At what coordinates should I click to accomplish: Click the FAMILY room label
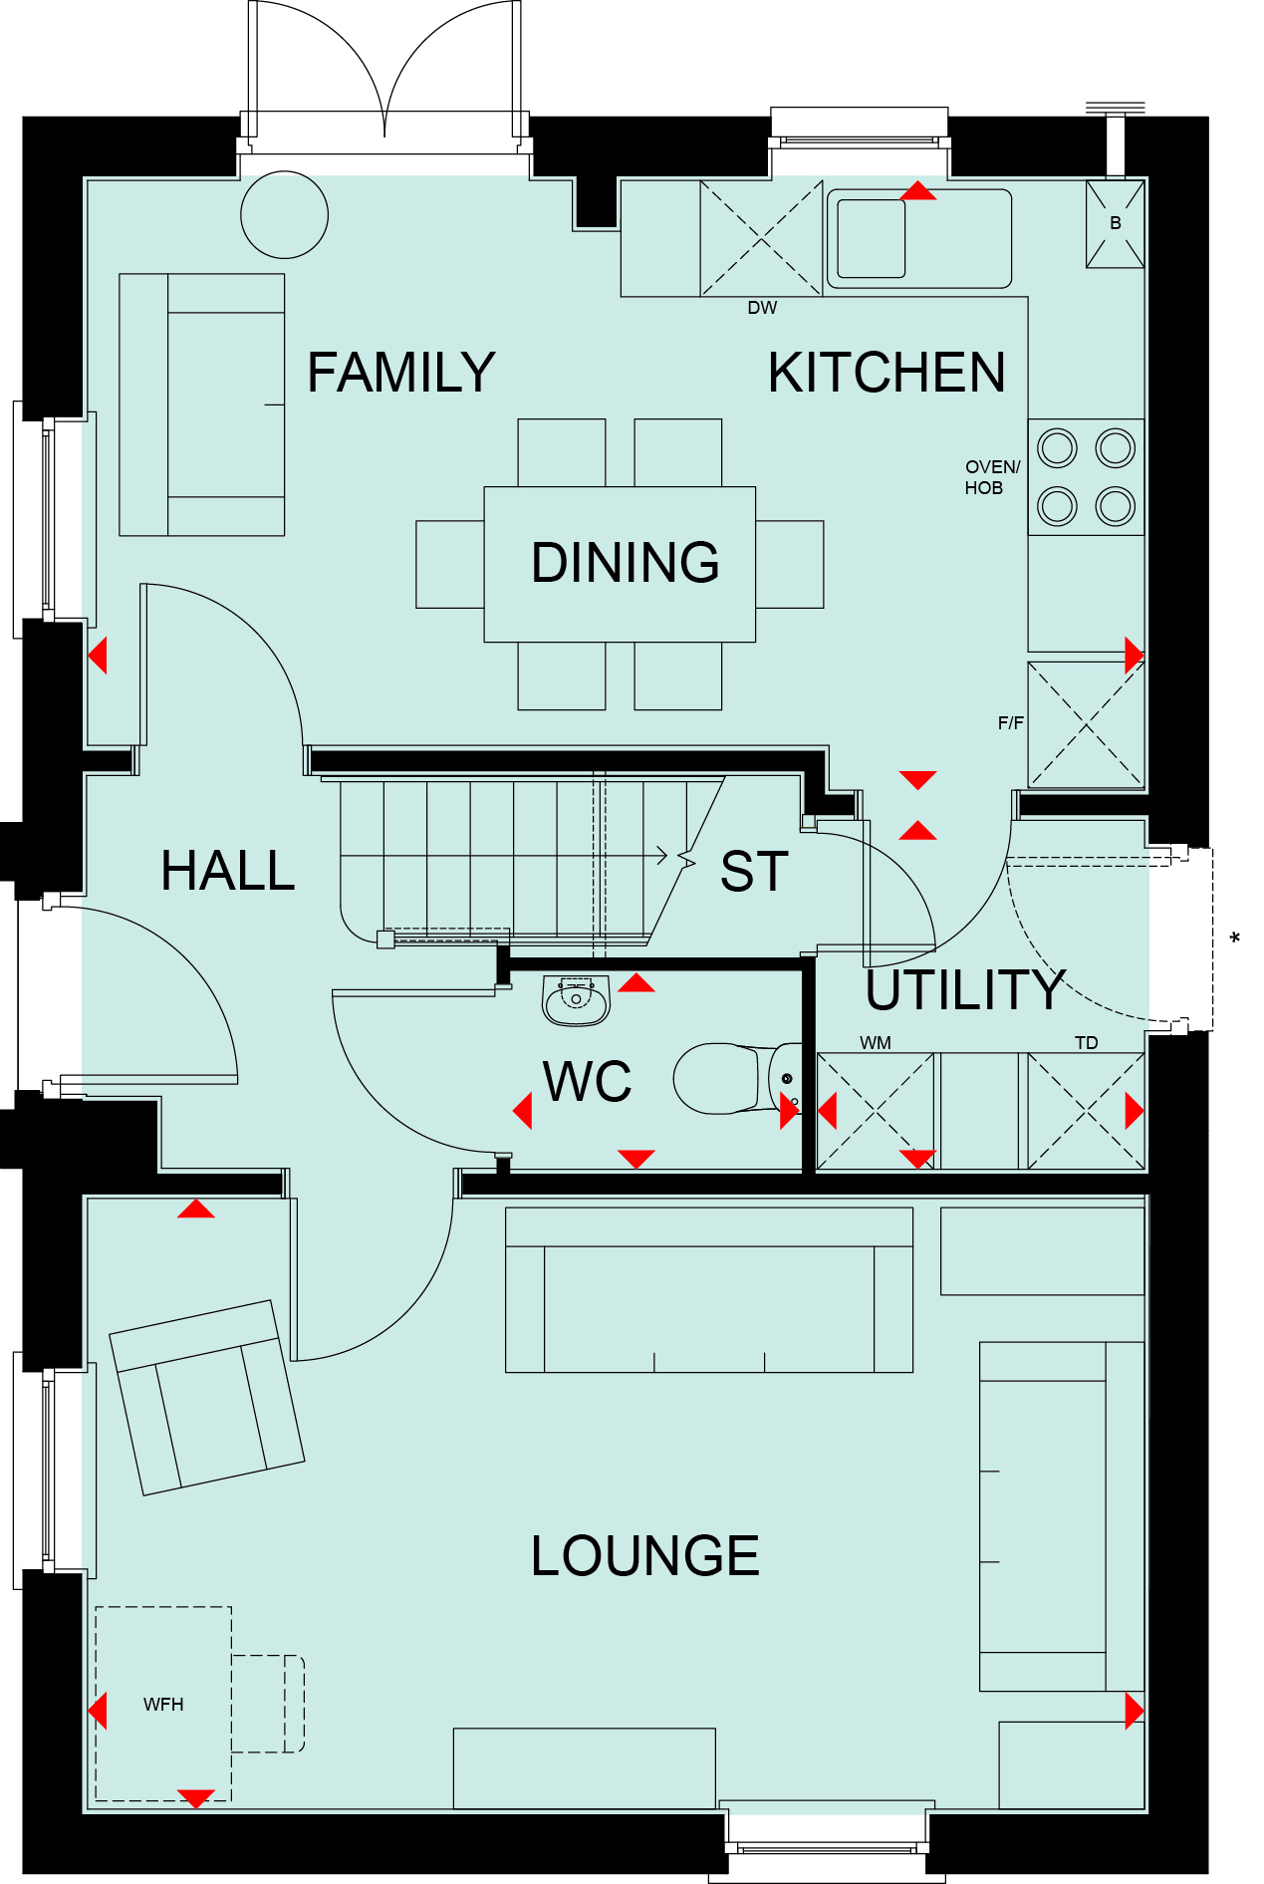400,373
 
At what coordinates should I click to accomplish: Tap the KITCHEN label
886,373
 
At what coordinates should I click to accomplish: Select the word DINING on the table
626,562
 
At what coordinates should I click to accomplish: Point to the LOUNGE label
645,1555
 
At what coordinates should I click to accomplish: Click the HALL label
228,870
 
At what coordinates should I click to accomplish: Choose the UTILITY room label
965,989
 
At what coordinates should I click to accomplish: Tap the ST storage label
754,871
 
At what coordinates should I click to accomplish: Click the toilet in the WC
738,1078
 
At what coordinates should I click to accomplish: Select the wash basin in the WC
576,1000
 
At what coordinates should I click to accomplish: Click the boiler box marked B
1115,223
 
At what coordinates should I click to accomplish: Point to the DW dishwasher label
762,308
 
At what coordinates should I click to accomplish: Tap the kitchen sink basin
872,238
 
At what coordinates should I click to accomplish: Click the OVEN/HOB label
992,477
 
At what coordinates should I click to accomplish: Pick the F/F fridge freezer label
1011,722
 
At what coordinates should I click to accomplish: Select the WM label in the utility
876,1042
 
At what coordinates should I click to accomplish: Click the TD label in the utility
1086,1042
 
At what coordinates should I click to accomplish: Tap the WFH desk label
163,1705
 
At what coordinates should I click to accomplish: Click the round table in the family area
285,215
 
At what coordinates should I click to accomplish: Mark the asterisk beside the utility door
1235,938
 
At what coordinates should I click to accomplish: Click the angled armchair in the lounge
207,1398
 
